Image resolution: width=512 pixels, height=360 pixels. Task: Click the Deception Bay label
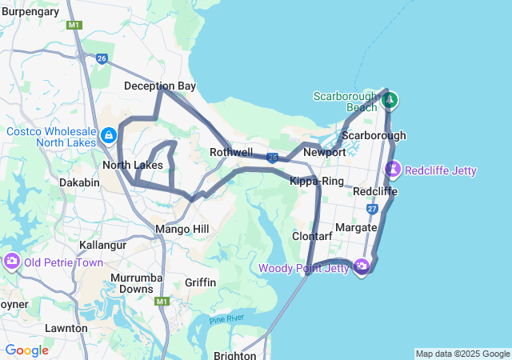coord(160,86)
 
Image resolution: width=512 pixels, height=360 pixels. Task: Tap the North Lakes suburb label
coord(133,166)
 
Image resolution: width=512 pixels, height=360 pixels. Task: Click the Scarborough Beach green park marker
coord(390,101)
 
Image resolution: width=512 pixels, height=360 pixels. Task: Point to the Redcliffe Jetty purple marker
coord(393,170)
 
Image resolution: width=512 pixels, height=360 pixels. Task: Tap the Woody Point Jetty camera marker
coord(362,266)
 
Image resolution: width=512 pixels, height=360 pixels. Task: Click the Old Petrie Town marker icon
coord(12,262)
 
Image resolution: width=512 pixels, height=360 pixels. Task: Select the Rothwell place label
coord(231,153)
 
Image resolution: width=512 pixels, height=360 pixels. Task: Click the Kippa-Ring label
coord(317,182)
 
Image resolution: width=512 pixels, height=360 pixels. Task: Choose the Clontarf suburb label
coord(311,237)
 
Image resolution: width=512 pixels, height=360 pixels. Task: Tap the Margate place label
coord(356,228)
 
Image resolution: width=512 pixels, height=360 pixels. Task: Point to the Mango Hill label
coord(182,230)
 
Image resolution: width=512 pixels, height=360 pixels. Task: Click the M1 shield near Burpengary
coord(74,26)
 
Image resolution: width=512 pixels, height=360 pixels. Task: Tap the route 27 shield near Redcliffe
coord(372,209)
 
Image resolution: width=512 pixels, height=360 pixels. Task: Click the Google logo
coord(26,350)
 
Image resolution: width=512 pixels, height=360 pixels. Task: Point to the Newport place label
coord(325,152)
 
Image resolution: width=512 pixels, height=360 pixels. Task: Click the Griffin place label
coord(200,282)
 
